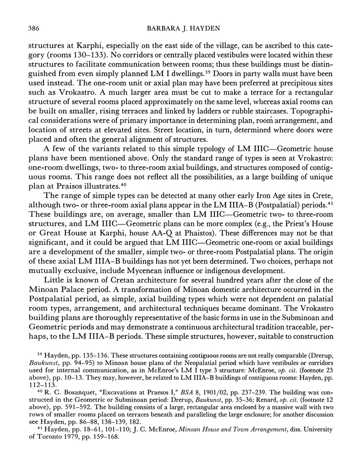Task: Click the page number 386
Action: click(x=34, y=29)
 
